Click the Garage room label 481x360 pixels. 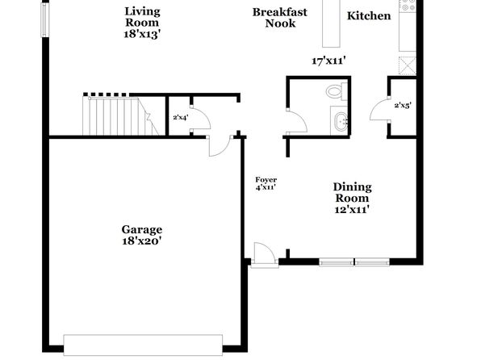142,229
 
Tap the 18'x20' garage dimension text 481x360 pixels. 142,241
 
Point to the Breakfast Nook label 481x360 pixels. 280,18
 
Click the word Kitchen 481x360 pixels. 369,15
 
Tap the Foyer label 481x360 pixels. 266,180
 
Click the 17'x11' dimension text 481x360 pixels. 328,61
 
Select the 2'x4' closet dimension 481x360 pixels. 181,117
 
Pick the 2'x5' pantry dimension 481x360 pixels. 403,106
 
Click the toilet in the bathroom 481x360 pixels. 337,91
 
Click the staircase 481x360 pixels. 120,115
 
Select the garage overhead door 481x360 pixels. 143,345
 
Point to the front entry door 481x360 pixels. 265,256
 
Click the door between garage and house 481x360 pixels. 220,146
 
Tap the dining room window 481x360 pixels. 354,262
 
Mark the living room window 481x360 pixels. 45,20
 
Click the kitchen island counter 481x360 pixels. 332,23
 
